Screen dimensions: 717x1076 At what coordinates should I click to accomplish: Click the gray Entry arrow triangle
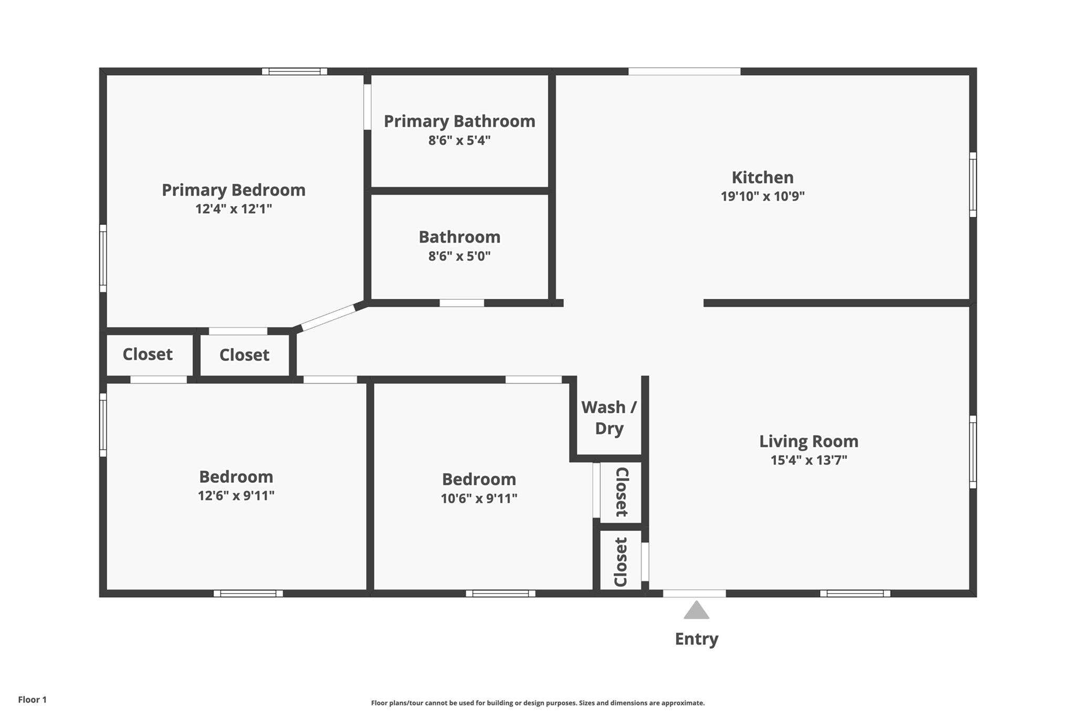click(696, 610)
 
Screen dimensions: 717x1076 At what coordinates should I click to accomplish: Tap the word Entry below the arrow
click(696, 639)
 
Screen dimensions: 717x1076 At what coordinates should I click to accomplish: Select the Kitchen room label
click(762, 177)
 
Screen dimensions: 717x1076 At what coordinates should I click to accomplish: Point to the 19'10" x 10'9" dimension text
click(762, 196)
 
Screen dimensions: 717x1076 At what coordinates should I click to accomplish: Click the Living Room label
click(809, 441)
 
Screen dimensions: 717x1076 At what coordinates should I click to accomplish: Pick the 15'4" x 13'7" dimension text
click(809, 460)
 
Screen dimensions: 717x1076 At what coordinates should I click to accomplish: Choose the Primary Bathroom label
click(459, 121)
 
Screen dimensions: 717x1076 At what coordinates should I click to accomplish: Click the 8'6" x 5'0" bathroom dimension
click(459, 256)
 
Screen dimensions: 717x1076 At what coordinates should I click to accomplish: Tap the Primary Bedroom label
click(233, 190)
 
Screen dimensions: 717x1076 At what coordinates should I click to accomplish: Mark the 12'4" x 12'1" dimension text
click(233, 209)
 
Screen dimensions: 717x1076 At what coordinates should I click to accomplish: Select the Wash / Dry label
click(609, 418)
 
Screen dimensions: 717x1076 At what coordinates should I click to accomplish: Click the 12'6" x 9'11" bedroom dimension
click(236, 495)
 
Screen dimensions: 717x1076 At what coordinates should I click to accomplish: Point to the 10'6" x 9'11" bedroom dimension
click(479, 498)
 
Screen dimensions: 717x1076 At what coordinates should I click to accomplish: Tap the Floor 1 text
click(32, 700)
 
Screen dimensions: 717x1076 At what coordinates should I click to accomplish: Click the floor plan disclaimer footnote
click(537, 703)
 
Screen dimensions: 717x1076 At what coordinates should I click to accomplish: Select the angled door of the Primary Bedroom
click(328, 318)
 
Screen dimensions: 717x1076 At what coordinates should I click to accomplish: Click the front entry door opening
click(694, 594)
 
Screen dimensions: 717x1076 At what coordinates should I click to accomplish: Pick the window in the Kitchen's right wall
click(972, 184)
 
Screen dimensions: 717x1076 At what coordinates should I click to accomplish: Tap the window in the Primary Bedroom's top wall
click(294, 71)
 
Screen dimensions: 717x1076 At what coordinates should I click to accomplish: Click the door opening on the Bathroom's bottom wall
click(461, 303)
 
